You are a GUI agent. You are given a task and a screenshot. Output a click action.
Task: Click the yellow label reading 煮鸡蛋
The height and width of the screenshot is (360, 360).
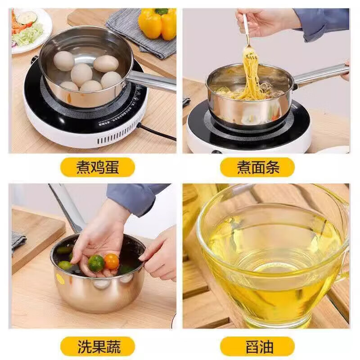click(x=98, y=167)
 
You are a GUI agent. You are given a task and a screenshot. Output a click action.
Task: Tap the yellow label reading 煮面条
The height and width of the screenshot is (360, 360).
click(x=257, y=167)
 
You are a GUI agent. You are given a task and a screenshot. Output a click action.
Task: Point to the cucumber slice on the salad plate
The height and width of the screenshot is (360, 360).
click(x=27, y=18)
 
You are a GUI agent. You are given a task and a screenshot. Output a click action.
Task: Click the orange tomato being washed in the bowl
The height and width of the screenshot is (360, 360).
click(x=111, y=261)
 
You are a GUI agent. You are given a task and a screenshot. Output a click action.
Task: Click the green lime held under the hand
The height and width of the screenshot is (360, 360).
click(x=96, y=263)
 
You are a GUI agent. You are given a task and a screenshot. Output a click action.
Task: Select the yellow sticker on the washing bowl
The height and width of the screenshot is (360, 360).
click(x=60, y=279)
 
